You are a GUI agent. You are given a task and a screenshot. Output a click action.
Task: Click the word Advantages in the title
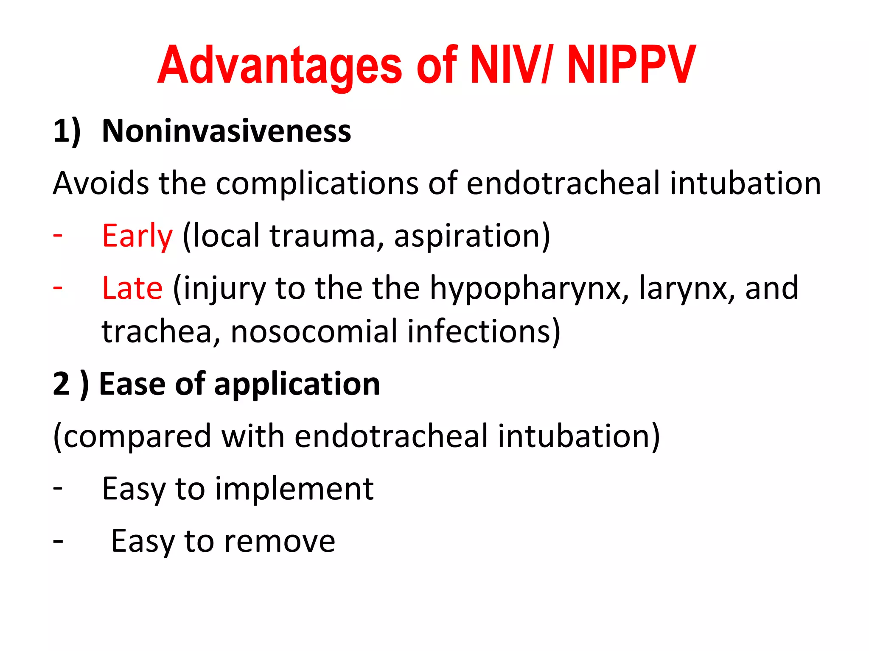pyautogui.click(x=280, y=66)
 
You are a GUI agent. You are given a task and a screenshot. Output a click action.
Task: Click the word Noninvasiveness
pyautogui.click(x=227, y=131)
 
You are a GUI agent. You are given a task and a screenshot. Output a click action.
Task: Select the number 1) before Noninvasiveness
pyautogui.click(x=67, y=131)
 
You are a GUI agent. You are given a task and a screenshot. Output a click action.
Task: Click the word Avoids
pyautogui.click(x=101, y=184)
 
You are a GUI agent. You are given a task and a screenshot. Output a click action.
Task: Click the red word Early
pyautogui.click(x=137, y=236)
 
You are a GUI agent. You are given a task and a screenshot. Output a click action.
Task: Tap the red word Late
pyautogui.click(x=132, y=288)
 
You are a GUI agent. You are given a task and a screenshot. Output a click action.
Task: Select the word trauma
pyautogui.click(x=322, y=236)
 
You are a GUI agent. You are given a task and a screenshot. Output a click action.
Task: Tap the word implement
pyautogui.click(x=294, y=489)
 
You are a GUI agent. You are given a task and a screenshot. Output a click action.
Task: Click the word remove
pyautogui.click(x=279, y=541)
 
